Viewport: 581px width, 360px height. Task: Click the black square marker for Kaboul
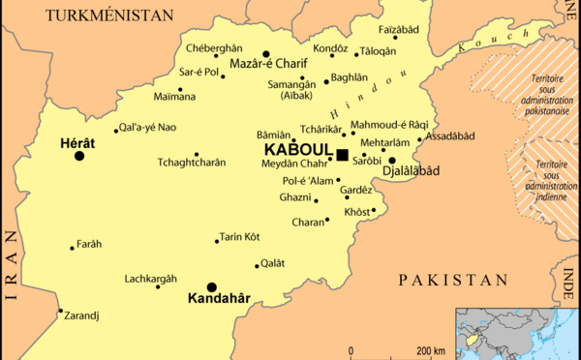pyautogui.click(x=342, y=154)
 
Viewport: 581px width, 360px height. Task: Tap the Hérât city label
pyautogui.click(x=77, y=141)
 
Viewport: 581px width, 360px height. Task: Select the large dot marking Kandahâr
pyautogui.click(x=211, y=287)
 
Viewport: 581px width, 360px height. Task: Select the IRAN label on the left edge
pyautogui.click(x=11, y=267)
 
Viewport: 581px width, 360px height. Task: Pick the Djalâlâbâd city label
pyautogui.click(x=412, y=171)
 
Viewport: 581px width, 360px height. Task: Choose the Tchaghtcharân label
pyautogui.click(x=193, y=164)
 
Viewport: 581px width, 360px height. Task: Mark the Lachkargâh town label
pyautogui.click(x=150, y=278)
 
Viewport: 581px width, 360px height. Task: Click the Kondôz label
pyautogui.click(x=330, y=46)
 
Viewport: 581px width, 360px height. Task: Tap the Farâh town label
pyautogui.click(x=91, y=243)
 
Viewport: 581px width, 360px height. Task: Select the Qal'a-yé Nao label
pyautogui.click(x=148, y=128)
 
